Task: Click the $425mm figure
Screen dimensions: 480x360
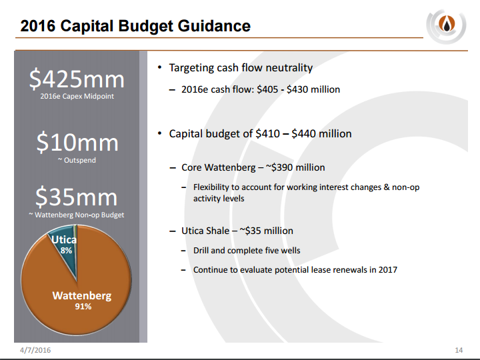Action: tap(77, 79)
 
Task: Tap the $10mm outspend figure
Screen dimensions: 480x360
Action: tap(77, 142)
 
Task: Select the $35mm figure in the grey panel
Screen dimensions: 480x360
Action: tap(77, 197)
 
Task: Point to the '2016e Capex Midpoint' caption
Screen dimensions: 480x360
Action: tap(77, 96)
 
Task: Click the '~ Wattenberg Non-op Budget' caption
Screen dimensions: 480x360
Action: tap(77, 215)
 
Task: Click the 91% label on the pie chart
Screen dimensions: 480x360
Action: tap(83, 307)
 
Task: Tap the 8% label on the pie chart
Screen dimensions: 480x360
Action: tap(66, 251)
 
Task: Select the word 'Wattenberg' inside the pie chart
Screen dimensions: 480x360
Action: tap(82, 296)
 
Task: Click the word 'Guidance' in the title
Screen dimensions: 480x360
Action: tap(214, 26)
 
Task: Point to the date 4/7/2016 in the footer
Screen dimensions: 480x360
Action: tap(35, 350)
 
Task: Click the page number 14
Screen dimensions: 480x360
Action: tap(459, 350)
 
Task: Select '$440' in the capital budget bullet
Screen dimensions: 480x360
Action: tap(303, 134)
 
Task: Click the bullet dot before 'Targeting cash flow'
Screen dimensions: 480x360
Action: tap(159, 67)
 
